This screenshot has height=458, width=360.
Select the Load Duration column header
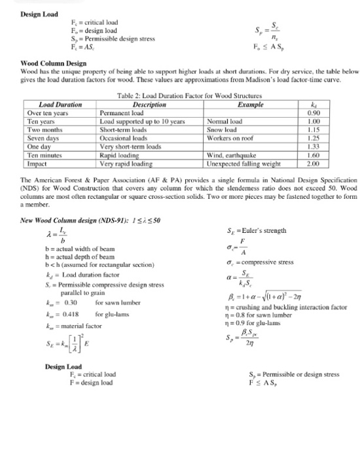click(60, 105)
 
